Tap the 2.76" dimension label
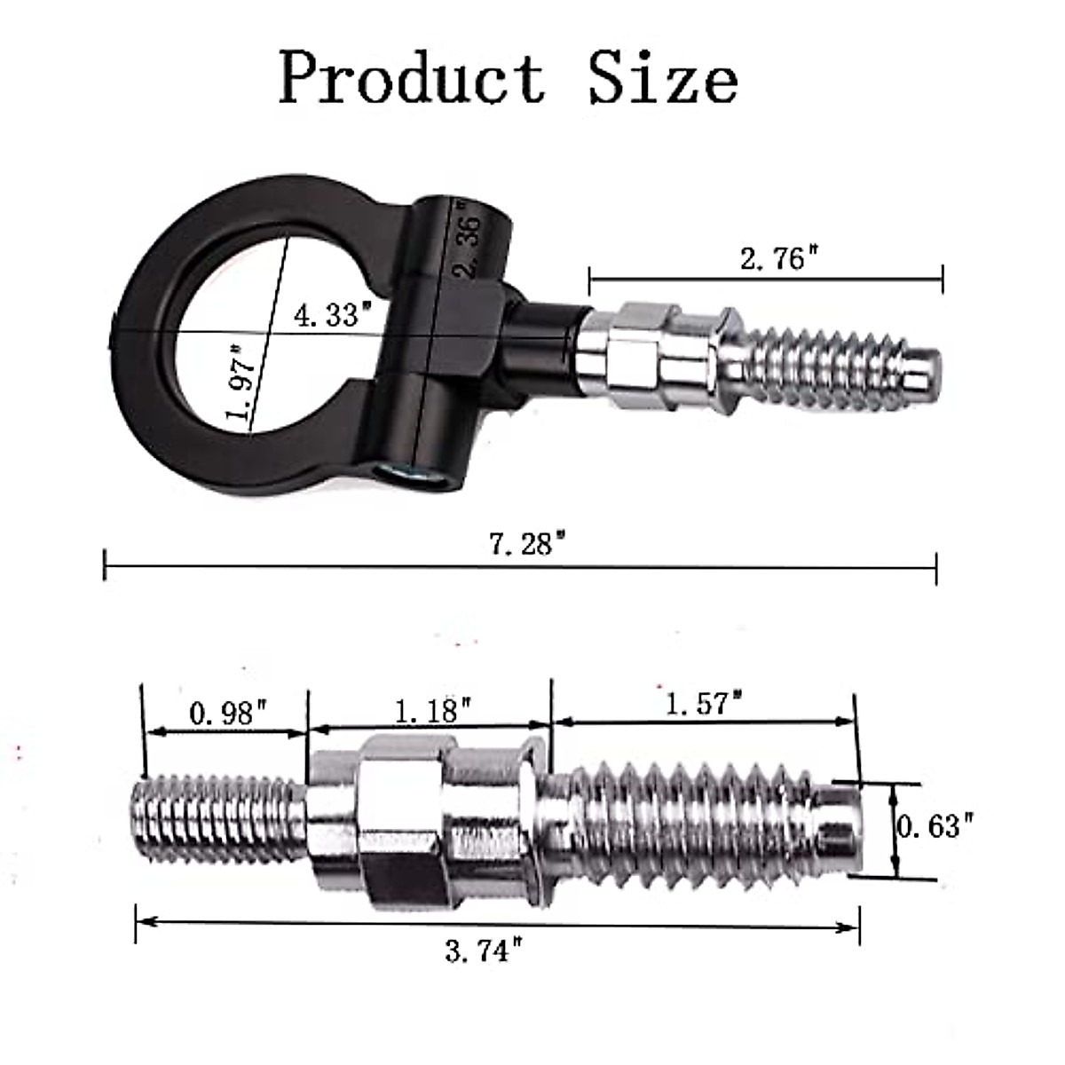pyautogui.click(x=777, y=259)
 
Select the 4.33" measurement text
pyautogui.click(x=331, y=314)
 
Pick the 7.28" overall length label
pyautogui.click(x=527, y=543)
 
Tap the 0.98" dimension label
pyautogui.click(x=228, y=713)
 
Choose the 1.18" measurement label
pyautogui.click(x=432, y=710)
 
